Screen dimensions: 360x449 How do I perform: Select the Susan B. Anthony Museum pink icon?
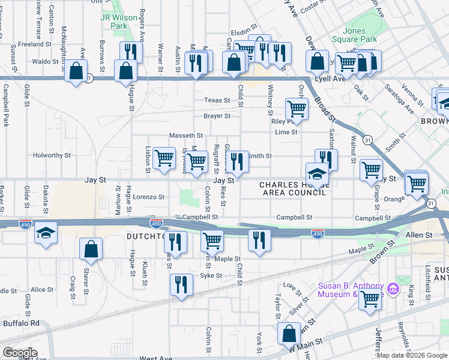click(393, 290)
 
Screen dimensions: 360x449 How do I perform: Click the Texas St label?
click(217, 100)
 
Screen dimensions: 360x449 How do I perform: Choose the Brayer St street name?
click(217, 116)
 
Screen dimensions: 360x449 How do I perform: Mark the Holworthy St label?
click(52, 155)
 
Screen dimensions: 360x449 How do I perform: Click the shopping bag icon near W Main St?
click(289, 333)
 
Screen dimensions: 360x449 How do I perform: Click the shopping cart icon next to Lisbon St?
click(164, 158)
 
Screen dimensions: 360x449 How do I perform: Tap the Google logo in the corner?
click(19, 352)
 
